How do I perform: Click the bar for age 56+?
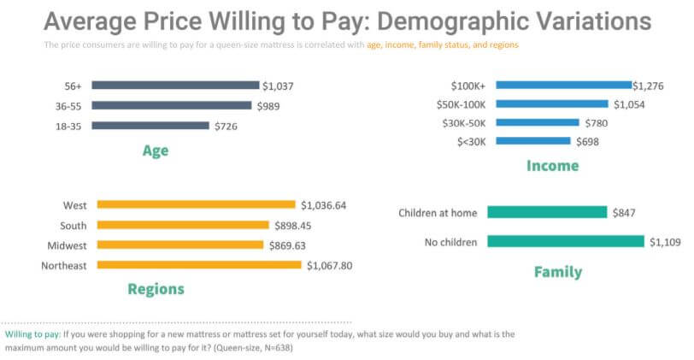[175, 85]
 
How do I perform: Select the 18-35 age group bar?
[150, 126]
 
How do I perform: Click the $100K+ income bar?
[563, 85]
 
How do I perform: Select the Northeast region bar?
[200, 265]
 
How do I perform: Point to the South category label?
[74, 225]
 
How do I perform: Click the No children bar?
[565, 242]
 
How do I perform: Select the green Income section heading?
[552, 165]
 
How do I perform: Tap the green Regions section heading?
[156, 288]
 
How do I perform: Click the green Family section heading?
[557, 272]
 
